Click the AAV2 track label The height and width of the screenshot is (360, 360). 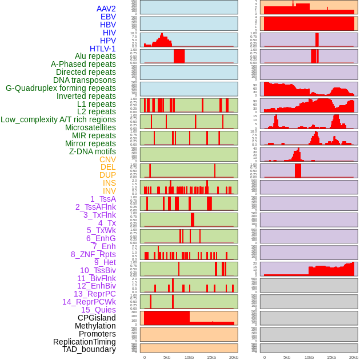[x=106, y=9]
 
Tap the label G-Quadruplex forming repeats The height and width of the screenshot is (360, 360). [x=61, y=88]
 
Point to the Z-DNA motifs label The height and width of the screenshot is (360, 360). [x=93, y=151]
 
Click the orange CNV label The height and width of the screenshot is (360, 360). [x=107, y=159]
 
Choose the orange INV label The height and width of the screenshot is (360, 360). [x=109, y=191]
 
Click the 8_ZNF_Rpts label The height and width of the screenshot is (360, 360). [x=93, y=254]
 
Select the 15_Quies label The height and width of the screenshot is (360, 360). [x=98, y=310]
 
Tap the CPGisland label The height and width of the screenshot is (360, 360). [x=97, y=318]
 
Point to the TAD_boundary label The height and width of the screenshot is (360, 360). [x=89, y=349]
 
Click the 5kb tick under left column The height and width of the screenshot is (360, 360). [x=167, y=357]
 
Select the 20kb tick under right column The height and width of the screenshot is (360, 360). [x=354, y=357]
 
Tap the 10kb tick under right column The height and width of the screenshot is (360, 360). [x=309, y=357]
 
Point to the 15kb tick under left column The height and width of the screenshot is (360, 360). [x=211, y=357]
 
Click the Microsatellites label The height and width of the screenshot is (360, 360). [x=90, y=127]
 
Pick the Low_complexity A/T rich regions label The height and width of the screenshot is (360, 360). [x=58, y=119]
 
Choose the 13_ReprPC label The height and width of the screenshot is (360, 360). [x=94, y=294]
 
